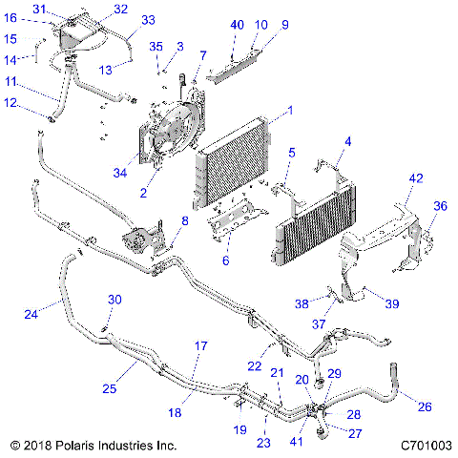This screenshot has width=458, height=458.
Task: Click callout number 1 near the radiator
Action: click(x=277, y=112)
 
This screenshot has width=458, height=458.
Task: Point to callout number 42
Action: click(x=416, y=179)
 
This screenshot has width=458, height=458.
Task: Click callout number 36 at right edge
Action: click(x=441, y=205)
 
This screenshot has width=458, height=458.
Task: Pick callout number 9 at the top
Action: click(x=284, y=25)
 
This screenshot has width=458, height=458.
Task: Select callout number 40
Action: click(x=237, y=25)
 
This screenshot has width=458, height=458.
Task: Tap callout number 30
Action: click(x=114, y=300)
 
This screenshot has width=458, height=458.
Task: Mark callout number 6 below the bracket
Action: click(x=225, y=260)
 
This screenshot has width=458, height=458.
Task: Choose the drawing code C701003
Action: click(x=426, y=446)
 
